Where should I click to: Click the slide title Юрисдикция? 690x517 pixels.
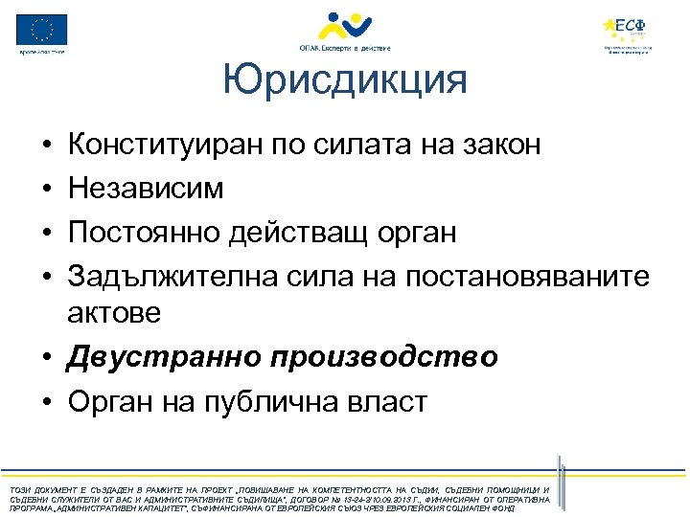[x=344, y=81]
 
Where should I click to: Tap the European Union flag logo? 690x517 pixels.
[x=42, y=30]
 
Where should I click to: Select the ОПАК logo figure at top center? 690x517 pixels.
[x=344, y=25]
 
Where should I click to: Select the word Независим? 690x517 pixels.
[x=145, y=189]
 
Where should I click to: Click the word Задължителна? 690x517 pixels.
[x=172, y=277]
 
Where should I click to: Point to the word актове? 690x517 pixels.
[x=114, y=311]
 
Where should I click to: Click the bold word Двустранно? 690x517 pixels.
[x=164, y=356]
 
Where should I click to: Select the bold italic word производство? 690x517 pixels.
[x=383, y=356]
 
